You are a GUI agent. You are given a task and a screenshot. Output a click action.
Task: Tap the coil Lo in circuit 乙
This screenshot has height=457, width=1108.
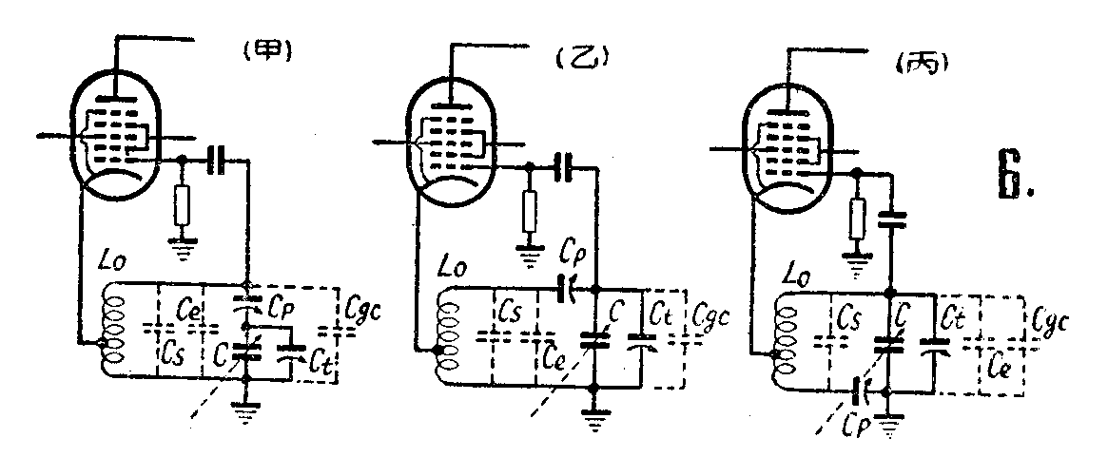coord(448,336)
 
